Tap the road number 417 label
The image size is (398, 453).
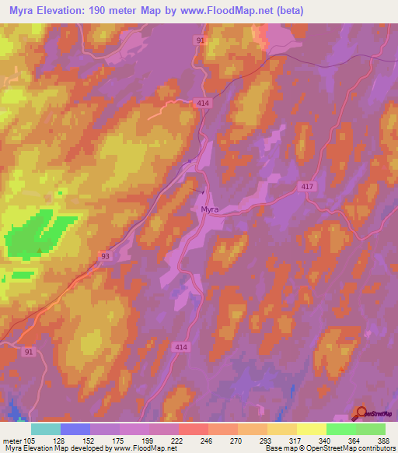point(308,186)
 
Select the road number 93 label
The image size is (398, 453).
point(105,255)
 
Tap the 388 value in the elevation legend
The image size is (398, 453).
point(384,441)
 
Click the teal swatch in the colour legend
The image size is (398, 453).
point(45,429)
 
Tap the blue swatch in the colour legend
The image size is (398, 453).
point(75,429)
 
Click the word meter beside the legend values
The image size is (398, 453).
point(11,441)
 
